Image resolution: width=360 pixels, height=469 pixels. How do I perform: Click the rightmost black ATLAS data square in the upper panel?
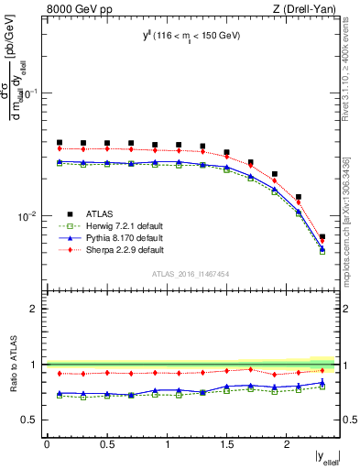(x=322, y=237)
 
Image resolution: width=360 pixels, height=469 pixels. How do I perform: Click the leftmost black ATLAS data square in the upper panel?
(x=60, y=143)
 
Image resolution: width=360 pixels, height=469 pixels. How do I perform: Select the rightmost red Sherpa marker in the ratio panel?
(x=322, y=370)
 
